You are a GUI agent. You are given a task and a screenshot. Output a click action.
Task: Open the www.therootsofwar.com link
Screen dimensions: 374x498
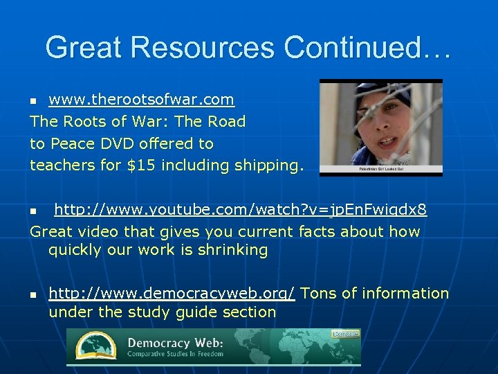click(x=141, y=100)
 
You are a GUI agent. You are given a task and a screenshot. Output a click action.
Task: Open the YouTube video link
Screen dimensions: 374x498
click(x=240, y=210)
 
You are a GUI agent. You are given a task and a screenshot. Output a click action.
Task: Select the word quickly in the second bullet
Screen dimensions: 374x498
click(x=74, y=250)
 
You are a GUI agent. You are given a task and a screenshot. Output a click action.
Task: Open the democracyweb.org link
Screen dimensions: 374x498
click(x=172, y=294)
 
